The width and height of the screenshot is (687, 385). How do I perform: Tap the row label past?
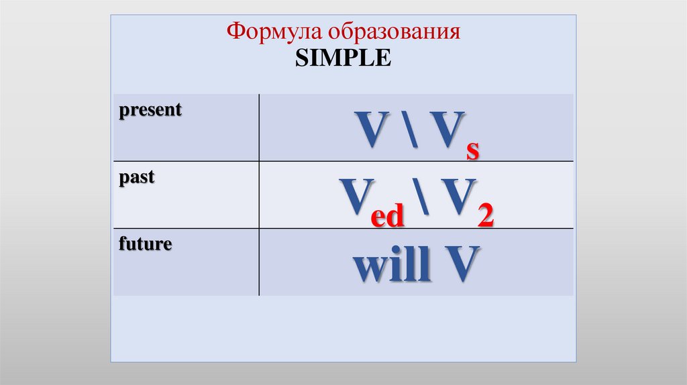point(137,178)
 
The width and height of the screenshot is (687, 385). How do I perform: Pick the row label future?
point(146,244)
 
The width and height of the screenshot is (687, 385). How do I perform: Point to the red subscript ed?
point(388,217)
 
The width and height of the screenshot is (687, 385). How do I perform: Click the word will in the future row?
point(391,265)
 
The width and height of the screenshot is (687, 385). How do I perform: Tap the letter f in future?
point(123,244)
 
